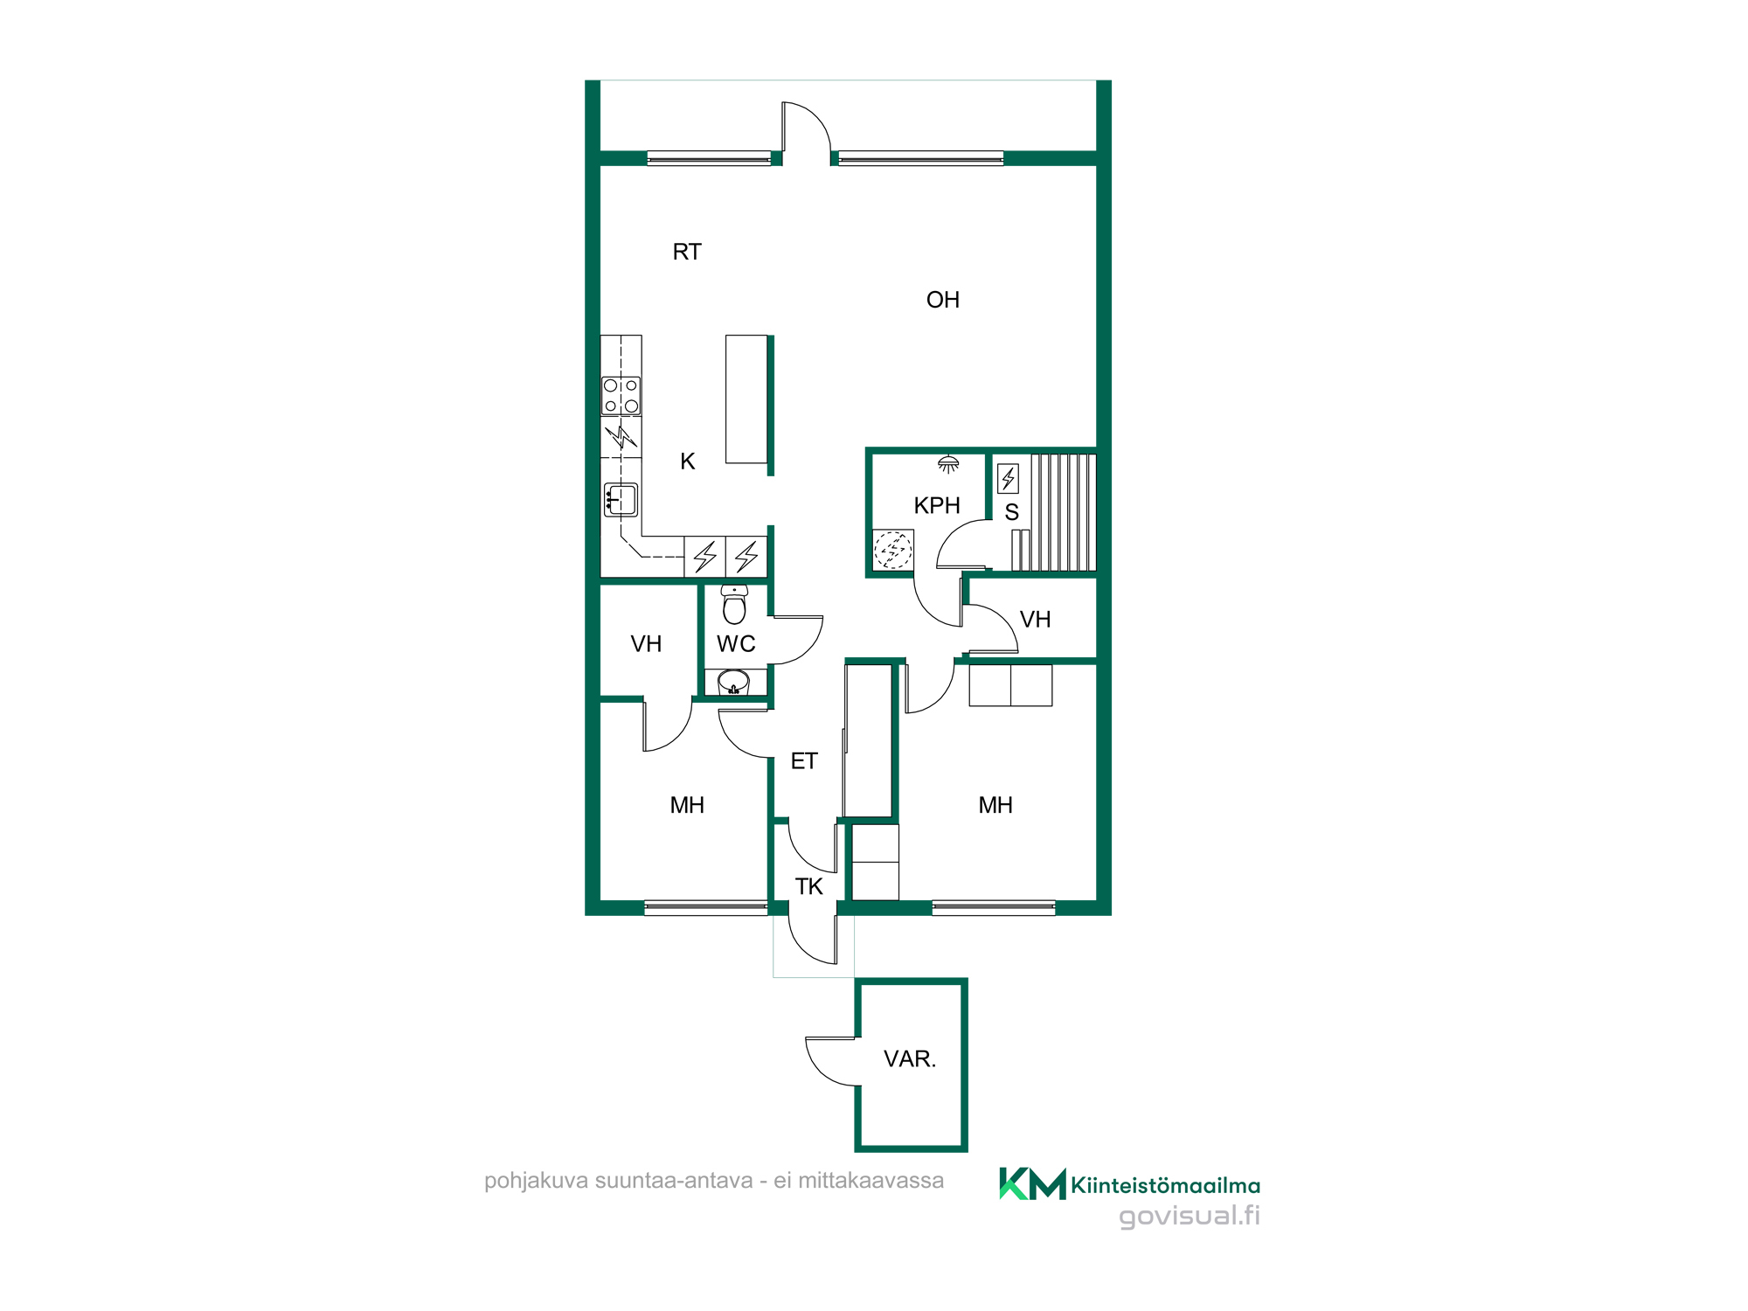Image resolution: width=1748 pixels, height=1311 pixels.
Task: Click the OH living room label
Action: pyautogui.click(x=943, y=300)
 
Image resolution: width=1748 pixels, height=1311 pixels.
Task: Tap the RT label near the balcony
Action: pyautogui.click(x=687, y=252)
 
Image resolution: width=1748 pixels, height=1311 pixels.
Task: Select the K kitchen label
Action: pyautogui.click(x=688, y=461)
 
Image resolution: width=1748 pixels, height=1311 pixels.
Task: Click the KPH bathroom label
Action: pyautogui.click(x=937, y=505)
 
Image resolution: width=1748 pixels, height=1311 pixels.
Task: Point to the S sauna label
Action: pyautogui.click(x=1012, y=512)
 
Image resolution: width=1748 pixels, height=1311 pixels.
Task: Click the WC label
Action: pyautogui.click(x=736, y=644)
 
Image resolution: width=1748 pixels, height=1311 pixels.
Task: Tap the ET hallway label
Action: pyautogui.click(x=804, y=761)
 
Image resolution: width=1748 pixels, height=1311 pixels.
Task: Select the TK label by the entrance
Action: pyautogui.click(x=809, y=886)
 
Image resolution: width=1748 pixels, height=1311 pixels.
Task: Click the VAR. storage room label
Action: pyautogui.click(x=910, y=1059)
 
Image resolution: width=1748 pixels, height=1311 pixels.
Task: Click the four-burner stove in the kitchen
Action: pyautogui.click(x=621, y=395)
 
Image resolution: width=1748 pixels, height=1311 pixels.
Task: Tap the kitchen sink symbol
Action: pyautogui.click(x=621, y=500)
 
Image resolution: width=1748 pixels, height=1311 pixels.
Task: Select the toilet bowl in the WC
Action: pyautogui.click(x=734, y=604)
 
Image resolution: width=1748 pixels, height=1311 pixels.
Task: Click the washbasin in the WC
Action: pyautogui.click(x=734, y=683)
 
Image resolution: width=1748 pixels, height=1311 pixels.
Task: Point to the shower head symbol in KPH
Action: pyautogui.click(x=948, y=463)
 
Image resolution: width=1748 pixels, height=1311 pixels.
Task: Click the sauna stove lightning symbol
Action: pyautogui.click(x=1008, y=478)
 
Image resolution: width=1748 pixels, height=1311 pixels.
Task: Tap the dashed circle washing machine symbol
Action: pyautogui.click(x=892, y=551)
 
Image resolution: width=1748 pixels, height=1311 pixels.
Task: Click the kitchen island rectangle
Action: pyautogui.click(x=746, y=399)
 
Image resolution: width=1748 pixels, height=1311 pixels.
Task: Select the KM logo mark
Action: pyautogui.click(x=1032, y=1184)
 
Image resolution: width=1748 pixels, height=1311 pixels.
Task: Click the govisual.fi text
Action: pyautogui.click(x=1190, y=1216)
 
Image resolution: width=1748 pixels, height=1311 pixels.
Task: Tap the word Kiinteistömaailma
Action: pyautogui.click(x=1166, y=1185)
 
